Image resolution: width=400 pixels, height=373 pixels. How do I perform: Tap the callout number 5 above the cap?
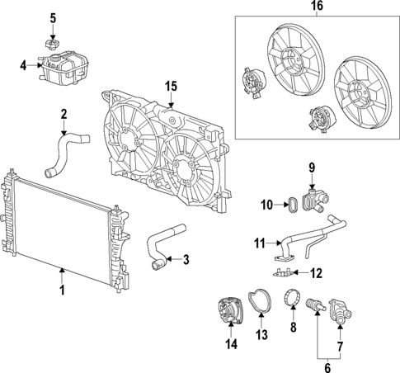click(x=53, y=17)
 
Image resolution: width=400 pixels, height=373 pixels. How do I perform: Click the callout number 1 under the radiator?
click(x=60, y=290)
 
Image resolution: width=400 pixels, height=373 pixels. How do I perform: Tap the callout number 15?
click(x=171, y=85)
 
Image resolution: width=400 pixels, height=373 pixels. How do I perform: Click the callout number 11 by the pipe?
click(x=259, y=243)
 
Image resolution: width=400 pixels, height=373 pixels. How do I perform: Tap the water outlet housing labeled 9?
click(x=314, y=199)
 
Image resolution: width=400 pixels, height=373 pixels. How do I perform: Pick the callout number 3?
click(x=186, y=260)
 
